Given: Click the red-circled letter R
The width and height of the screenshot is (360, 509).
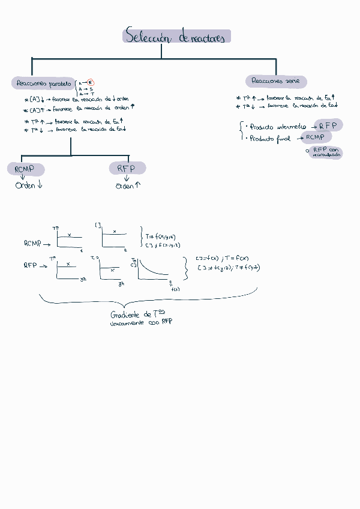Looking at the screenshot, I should (91, 83).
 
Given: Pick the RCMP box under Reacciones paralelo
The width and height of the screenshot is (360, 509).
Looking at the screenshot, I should (25, 169).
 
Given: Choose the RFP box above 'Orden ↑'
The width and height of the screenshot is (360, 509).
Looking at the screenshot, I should (127, 168).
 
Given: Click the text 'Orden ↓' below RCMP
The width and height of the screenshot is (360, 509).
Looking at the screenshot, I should (29, 185).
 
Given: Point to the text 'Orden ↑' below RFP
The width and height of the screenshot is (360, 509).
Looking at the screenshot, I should (128, 185).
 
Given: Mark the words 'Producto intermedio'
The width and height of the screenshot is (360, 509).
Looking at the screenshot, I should (277, 127).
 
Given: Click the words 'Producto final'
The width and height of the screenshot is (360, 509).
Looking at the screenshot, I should (269, 139).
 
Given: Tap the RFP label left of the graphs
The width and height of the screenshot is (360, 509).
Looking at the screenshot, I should (31, 265).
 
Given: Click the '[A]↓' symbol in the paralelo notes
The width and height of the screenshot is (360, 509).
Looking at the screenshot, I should (36, 99).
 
